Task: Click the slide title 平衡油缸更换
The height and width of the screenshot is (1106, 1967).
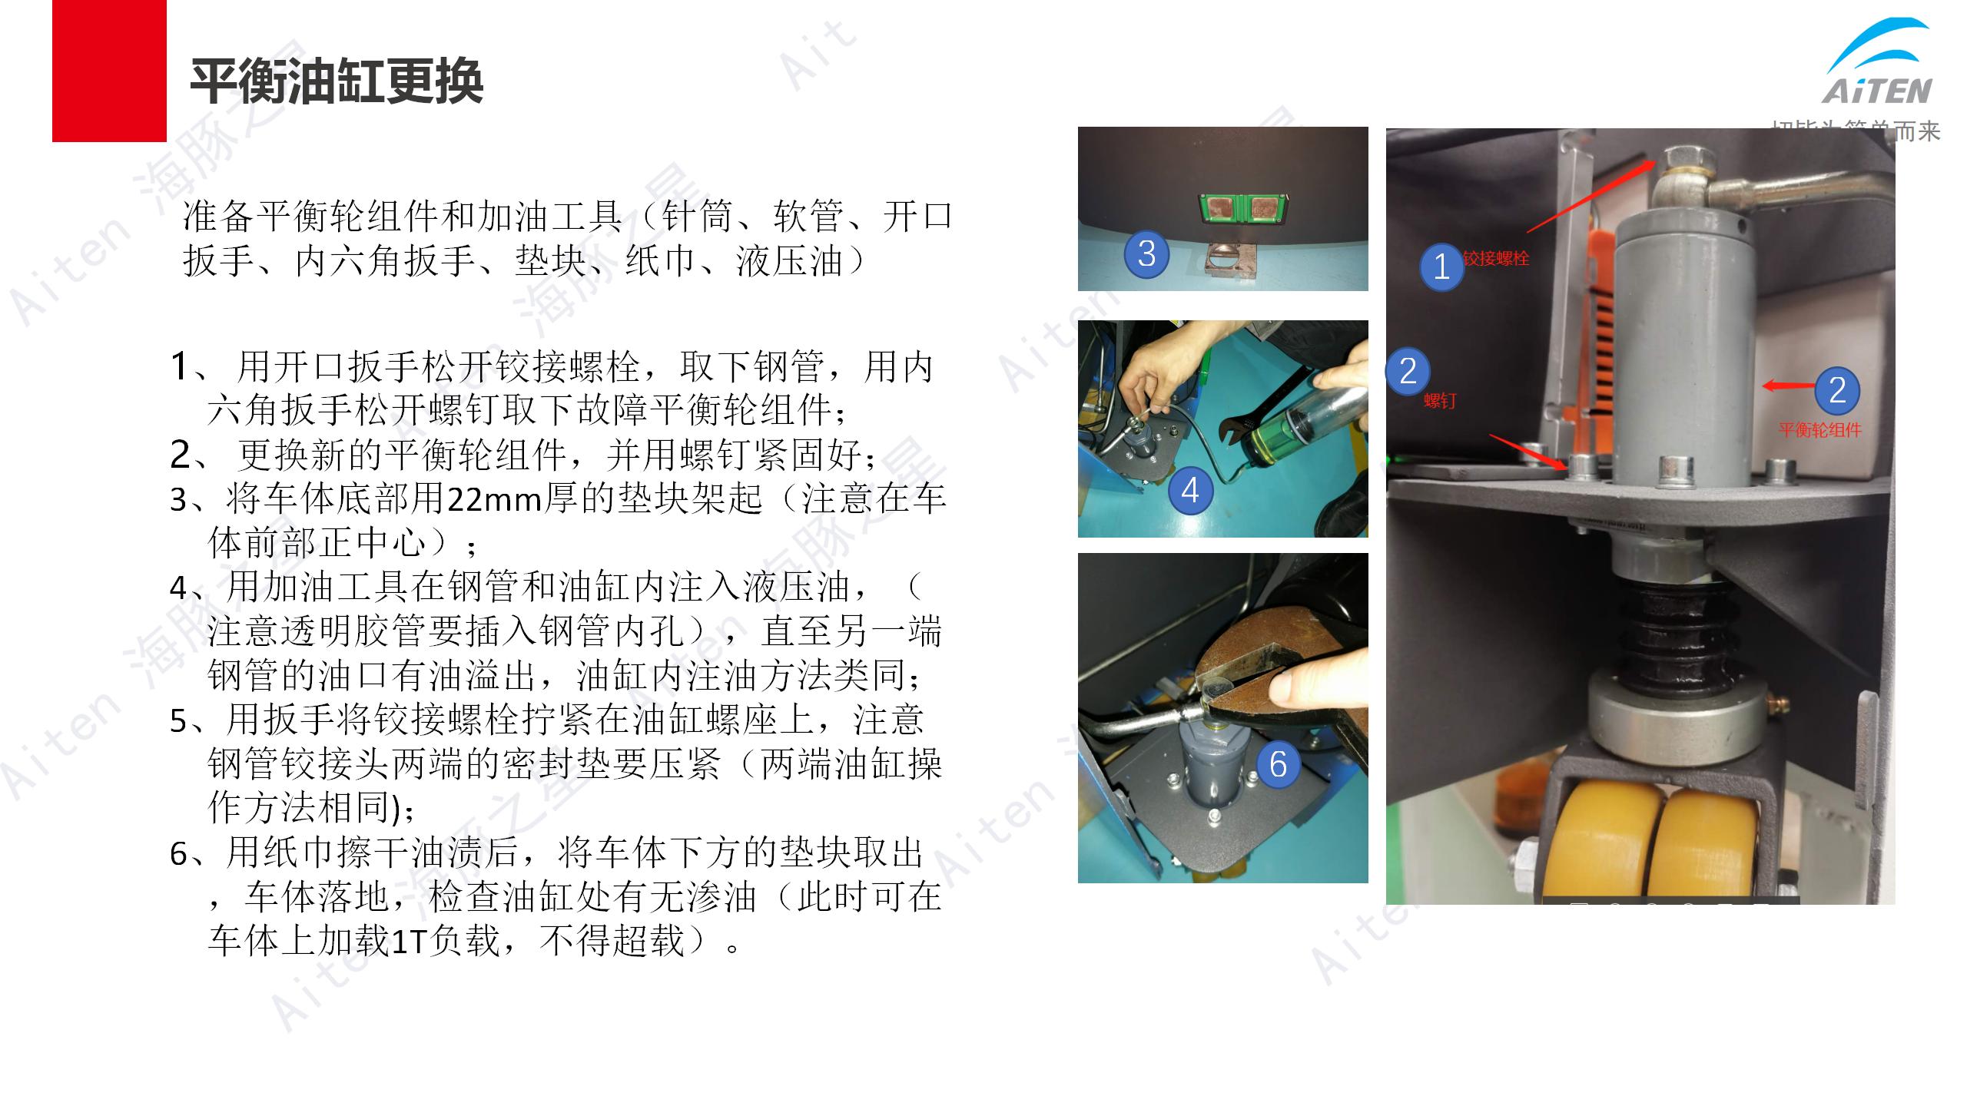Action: pos(337,81)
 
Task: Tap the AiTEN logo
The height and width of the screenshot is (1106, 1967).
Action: pos(1878,65)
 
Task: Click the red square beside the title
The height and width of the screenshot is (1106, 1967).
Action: pos(109,71)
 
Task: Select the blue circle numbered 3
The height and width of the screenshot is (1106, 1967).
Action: pos(1146,253)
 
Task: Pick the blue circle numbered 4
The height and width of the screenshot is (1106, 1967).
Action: pos(1190,490)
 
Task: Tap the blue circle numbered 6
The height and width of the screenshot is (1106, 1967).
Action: pos(1278,763)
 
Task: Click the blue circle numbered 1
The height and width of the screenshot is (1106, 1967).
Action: pos(1441,267)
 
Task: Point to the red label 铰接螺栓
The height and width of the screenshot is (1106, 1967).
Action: pos(1496,258)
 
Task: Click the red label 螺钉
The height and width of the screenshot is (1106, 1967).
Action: pos(1439,400)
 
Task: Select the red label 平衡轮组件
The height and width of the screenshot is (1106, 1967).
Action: pos(1819,430)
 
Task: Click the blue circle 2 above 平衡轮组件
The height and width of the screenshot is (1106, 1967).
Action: pos(1837,390)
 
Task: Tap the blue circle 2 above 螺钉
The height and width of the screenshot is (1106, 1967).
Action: pos(1408,371)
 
